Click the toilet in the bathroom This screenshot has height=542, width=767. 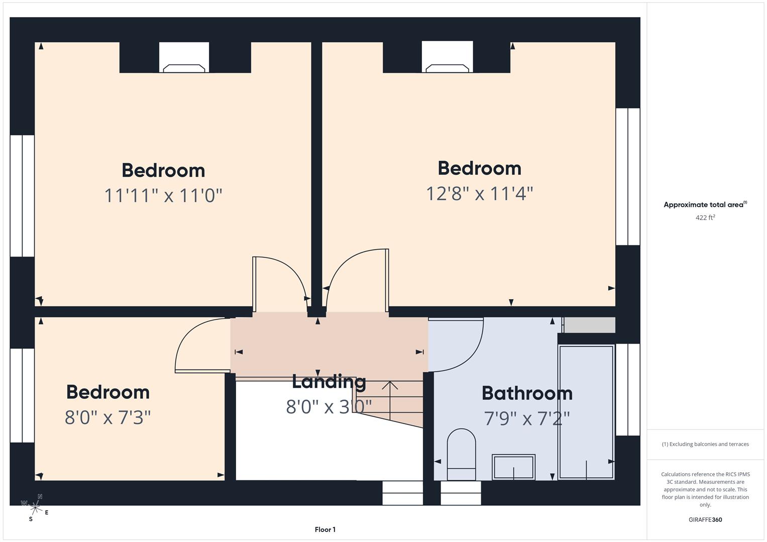tap(461, 454)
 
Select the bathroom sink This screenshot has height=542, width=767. tap(513, 467)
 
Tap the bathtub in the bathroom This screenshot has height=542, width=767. tap(586, 412)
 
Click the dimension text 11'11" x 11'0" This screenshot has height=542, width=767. tap(163, 195)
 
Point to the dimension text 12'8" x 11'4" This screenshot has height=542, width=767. tap(479, 193)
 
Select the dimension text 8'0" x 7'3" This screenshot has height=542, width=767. tap(107, 417)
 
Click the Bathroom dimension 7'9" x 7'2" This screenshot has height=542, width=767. tap(527, 418)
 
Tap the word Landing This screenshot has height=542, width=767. tap(329, 382)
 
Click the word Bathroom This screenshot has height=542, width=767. tap(527, 393)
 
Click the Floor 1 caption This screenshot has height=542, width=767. tap(325, 529)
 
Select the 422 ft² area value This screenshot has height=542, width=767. tap(705, 217)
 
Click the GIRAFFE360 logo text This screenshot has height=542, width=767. tap(705, 519)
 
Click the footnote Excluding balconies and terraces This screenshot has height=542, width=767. tap(705, 444)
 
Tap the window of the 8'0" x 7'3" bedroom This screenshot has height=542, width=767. tap(22, 395)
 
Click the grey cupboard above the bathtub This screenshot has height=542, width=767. tap(589, 325)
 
